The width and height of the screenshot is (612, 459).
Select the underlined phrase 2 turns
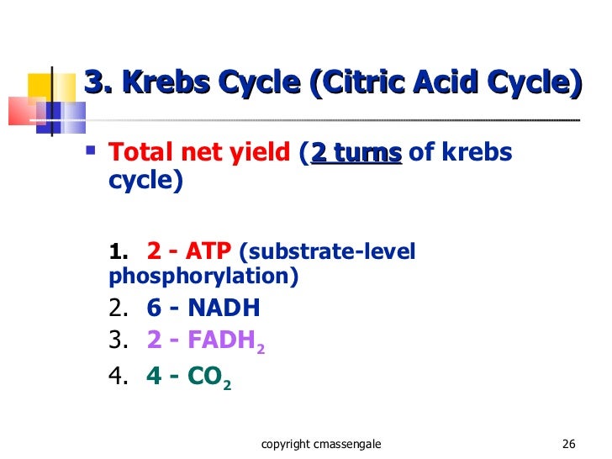point(356,153)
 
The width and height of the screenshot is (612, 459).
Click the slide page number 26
point(567,444)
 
